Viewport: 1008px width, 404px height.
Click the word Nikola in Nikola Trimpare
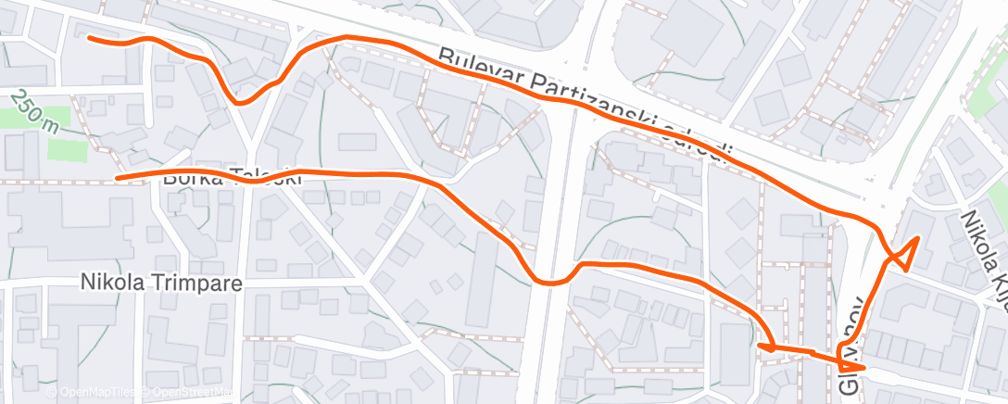tap(108, 281)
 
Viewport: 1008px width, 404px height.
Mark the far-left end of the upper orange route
tap(90, 38)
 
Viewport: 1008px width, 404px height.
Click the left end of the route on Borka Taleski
tap(117, 177)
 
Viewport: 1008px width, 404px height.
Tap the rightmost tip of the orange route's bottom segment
tap(863, 368)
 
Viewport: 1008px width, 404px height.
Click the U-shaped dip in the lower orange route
tap(550, 281)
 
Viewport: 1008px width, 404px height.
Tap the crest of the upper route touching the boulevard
tap(347, 38)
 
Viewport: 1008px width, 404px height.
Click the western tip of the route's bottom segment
tap(760, 346)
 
